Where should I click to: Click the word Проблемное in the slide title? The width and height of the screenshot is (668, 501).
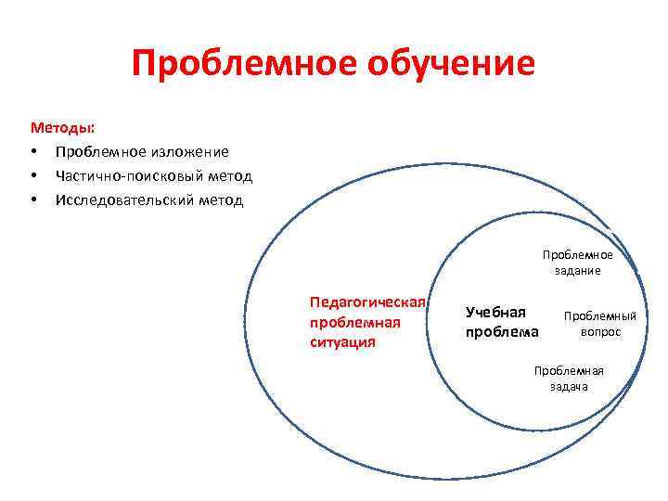tap(237, 64)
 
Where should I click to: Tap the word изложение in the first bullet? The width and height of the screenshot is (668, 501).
tap(184, 150)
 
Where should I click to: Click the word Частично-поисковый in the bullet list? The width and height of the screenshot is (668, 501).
tap(127, 175)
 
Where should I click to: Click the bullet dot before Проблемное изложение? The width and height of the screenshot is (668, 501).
tap(34, 151)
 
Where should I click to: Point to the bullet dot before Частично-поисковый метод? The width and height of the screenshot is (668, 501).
tap(34, 175)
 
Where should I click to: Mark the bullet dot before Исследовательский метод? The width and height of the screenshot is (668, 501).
tap(34, 200)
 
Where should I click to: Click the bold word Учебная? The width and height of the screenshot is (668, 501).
tap(495, 312)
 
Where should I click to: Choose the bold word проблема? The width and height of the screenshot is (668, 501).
tap(502, 332)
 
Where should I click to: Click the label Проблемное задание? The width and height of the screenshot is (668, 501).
tap(578, 263)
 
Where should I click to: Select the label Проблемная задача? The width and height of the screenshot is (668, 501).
tap(569, 378)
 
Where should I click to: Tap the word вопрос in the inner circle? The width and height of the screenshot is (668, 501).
tap(600, 331)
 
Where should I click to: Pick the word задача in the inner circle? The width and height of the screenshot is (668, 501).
tap(569, 386)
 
